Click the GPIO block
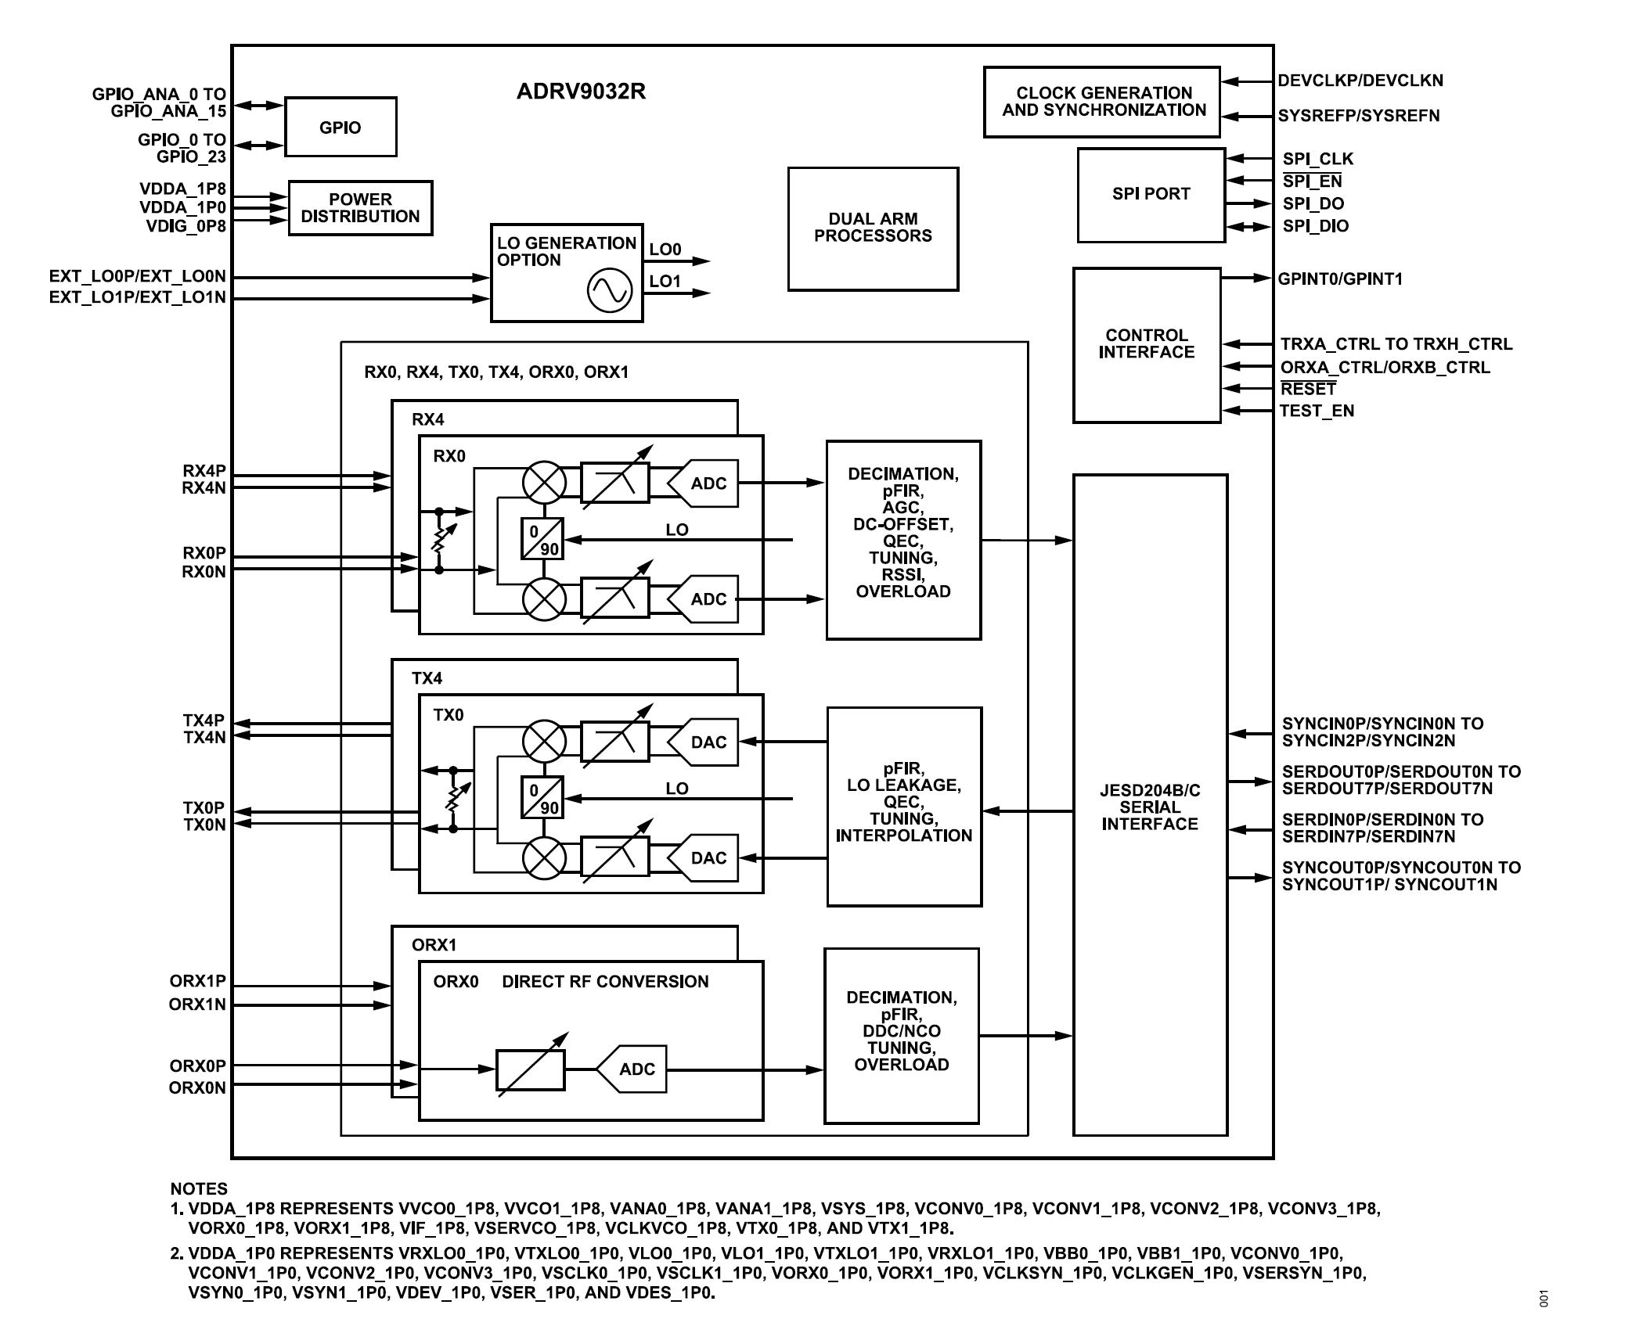340,127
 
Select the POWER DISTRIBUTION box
360,208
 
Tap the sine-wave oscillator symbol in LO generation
609,290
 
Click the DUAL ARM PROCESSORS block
873,228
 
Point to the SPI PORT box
1151,194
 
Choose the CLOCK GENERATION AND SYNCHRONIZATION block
1102,102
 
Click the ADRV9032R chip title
581,92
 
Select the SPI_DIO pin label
1315,226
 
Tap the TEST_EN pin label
1316,411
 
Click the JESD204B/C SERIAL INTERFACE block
1149,806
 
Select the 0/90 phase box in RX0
542,539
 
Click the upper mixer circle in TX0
544,741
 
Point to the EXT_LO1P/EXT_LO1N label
137,297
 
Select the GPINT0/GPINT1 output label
1340,279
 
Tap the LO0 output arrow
689,261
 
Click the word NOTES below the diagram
199,1189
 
